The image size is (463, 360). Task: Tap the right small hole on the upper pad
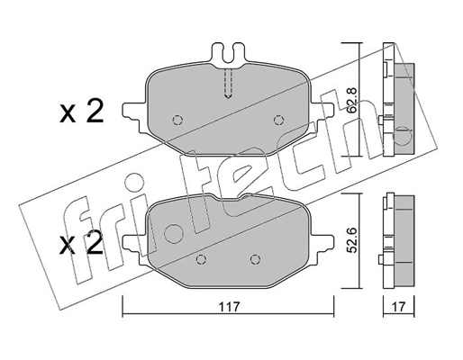pyautogui.click(x=279, y=119)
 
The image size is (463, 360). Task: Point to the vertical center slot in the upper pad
pyautogui.click(x=229, y=86)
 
